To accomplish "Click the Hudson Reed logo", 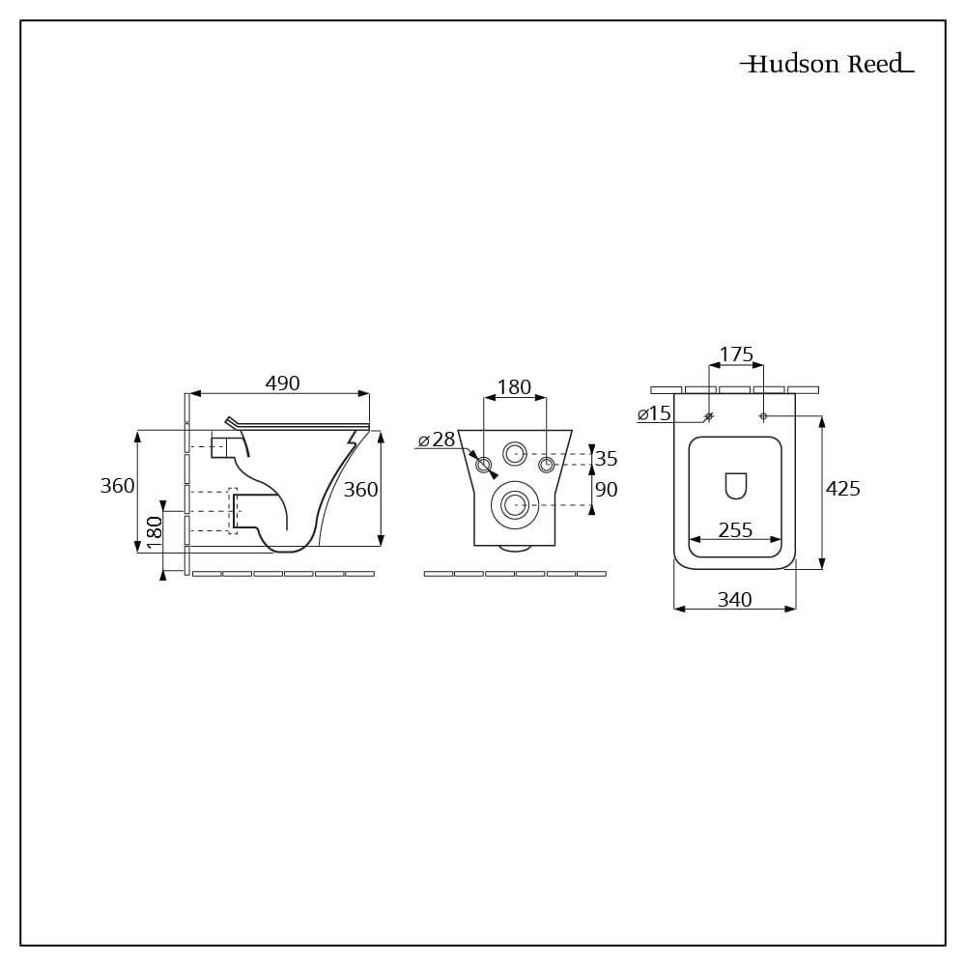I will pyautogui.click(x=826, y=65).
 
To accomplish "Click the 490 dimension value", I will pyautogui.click(x=282, y=384).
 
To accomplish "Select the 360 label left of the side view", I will pyautogui.click(x=117, y=486).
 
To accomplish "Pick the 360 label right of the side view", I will pyautogui.click(x=360, y=490).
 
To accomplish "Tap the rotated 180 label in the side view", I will pyautogui.click(x=154, y=533).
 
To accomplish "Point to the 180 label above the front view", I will pyautogui.click(x=514, y=387).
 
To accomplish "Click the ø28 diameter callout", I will pyautogui.click(x=437, y=440).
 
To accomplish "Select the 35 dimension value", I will pyautogui.click(x=606, y=459).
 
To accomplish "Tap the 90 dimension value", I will pyautogui.click(x=606, y=490).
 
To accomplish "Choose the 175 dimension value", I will pyautogui.click(x=736, y=355).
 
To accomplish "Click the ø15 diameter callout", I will pyautogui.click(x=654, y=414).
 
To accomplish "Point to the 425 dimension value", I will pyautogui.click(x=842, y=489).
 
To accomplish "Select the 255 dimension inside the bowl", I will pyautogui.click(x=735, y=530).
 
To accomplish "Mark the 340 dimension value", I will pyautogui.click(x=734, y=600).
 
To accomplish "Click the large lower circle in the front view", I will pyautogui.click(x=514, y=503).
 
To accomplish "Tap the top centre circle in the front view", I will pyautogui.click(x=514, y=452).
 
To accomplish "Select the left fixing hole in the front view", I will pyautogui.click(x=484, y=466).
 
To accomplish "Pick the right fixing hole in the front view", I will pyautogui.click(x=547, y=466).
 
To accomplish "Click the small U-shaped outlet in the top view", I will pyautogui.click(x=735, y=486).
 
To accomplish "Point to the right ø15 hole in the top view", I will pyautogui.click(x=763, y=416).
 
